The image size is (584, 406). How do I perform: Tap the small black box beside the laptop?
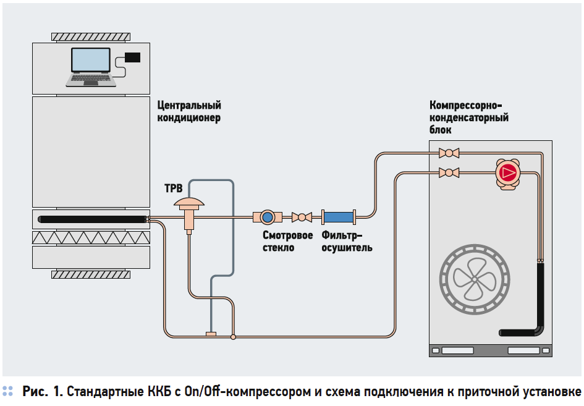tap(132, 57)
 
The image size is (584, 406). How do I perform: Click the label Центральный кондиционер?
tap(189, 112)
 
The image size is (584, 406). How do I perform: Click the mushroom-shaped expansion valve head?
tap(189, 203)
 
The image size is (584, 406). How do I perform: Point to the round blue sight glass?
tap(268, 217)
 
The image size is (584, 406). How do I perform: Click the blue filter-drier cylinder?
tap(338, 217)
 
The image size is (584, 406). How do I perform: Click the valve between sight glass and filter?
tap(302, 217)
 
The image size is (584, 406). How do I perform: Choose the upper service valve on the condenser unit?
tap(447, 153)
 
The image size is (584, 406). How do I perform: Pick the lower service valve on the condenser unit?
tap(447, 172)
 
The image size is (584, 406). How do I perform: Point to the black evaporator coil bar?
tap(91, 218)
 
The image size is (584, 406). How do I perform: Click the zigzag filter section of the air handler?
tap(91, 237)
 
